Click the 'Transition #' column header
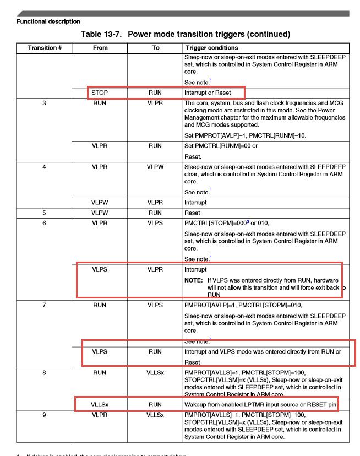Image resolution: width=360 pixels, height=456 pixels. pyautogui.click(x=44, y=48)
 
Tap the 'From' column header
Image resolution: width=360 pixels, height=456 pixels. pyautogui.click(x=100, y=48)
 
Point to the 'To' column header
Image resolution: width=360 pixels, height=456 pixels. pyautogui.click(x=156, y=48)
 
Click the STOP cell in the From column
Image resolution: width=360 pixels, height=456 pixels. pyautogui.click(x=100, y=93)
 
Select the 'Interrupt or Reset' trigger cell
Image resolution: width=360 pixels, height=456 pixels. pyautogui.click(x=208, y=93)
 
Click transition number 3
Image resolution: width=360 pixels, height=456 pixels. pyautogui.click(x=44, y=103)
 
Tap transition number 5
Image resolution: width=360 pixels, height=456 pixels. pyautogui.click(x=44, y=212)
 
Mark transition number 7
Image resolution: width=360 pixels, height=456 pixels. pyautogui.click(x=44, y=305)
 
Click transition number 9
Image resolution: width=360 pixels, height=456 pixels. pyautogui.click(x=44, y=415)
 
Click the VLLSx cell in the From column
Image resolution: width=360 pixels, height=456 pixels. pyautogui.click(x=100, y=405)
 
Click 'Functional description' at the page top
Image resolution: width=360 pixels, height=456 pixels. pyautogui.click(x=48, y=21)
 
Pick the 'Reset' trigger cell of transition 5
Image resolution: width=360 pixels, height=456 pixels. pyautogui.click(x=193, y=212)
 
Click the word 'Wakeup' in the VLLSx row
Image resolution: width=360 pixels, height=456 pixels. pyautogui.click(x=197, y=405)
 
